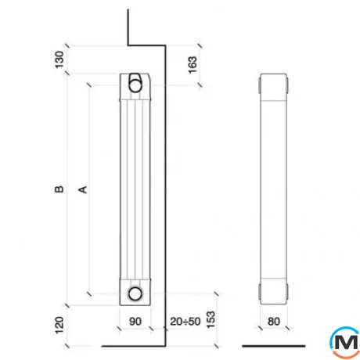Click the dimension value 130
[x=59, y=59]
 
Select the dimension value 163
[x=193, y=65]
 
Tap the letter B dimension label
[x=59, y=189]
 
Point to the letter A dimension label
[x=83, y=189]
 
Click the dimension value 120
[x=59, y=325]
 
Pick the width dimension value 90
[x=135, y=322]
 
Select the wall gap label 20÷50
[x=185, y=322]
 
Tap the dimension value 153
[x=211, y=319]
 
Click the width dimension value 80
[x=274, y=322]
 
